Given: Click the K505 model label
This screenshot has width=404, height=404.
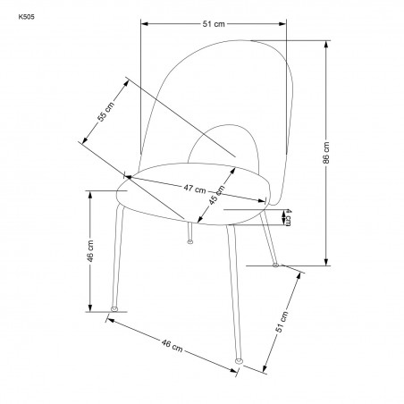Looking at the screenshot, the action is (26, 17).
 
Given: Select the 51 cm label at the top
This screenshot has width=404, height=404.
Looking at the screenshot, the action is (214, 24).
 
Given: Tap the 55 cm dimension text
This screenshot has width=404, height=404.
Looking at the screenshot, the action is (105, 112).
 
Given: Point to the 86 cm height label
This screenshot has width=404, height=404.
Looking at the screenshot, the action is (326, 153).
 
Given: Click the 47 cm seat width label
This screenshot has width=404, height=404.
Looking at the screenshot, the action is (195, 189).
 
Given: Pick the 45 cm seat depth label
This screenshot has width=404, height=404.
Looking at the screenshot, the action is (216, 195).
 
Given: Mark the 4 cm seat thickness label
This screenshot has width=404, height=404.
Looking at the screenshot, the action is (288, 217).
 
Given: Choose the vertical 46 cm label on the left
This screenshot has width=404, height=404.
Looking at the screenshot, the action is (90, 251).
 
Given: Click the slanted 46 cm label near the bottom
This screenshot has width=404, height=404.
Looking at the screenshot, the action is (172, 346).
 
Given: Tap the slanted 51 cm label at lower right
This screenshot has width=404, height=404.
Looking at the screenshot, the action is (282, 322).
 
